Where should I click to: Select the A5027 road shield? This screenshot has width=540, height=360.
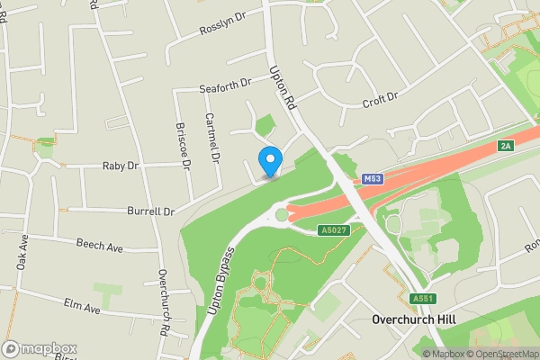click(334, 231)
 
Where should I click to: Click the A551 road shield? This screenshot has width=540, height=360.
click(421, 299)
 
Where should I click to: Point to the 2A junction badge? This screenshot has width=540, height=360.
click(505, 146)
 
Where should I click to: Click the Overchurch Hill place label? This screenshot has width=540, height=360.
click(414, 319)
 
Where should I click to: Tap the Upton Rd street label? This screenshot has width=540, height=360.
click(283, 88)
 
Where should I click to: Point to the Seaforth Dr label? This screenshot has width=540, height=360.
click(224, 87)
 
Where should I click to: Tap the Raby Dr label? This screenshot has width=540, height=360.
click(120, 166)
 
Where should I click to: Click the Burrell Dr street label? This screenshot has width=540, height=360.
click(150, 211)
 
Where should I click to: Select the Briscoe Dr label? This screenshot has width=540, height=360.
click(184, 145)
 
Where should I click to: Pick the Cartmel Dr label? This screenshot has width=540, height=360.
click(212, 138)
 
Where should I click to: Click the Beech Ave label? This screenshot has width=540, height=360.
click(99, 245)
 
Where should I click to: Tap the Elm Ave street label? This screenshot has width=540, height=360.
click(81, 306)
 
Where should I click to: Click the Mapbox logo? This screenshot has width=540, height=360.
click(40, 348)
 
